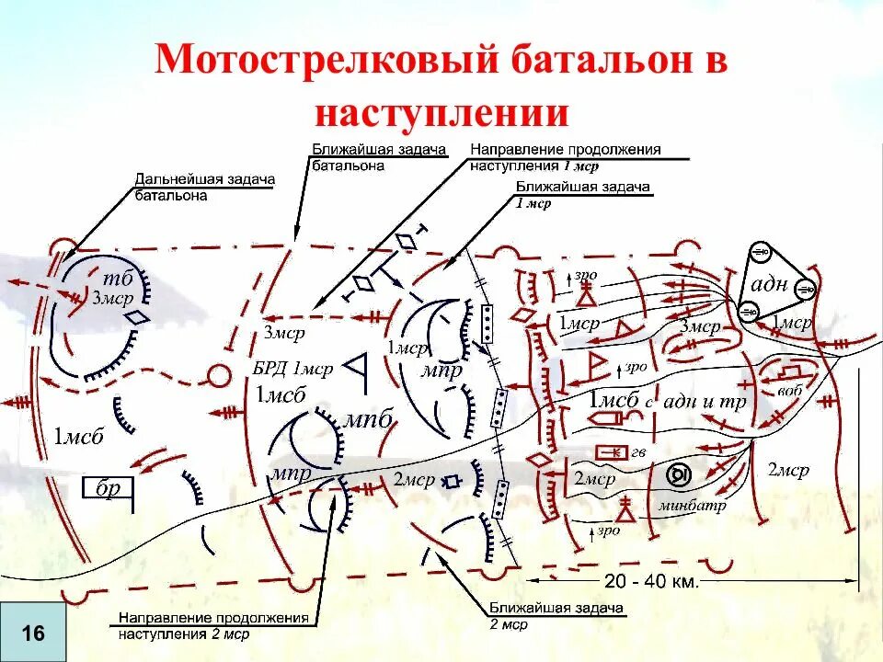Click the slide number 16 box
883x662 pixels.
[33, 633]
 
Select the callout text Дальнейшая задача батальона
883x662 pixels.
[204, 187]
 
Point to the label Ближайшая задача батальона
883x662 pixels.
[378, 157]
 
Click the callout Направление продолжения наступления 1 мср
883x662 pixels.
[565, 157]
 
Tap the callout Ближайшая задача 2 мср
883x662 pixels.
[556, 615]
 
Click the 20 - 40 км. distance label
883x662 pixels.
[651, 581]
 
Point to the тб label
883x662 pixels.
[119, 280]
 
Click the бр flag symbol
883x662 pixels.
[109, 488]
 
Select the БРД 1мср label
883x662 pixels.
[293, 369]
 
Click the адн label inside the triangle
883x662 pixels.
[770, 283]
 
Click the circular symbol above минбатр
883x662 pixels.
[679, 474]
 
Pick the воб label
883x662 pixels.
[789, 390]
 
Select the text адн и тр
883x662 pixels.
[704, 402]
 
